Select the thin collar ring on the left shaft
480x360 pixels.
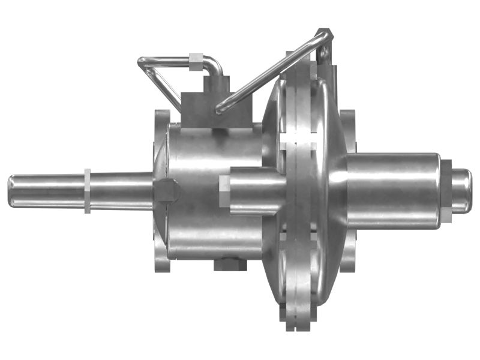coord(88,191)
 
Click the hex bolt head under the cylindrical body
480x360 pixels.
coord(230,265)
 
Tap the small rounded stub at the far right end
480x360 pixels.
coord(461,191)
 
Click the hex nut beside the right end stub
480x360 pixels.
coord(447,191)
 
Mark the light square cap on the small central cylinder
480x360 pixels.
coord(224,191)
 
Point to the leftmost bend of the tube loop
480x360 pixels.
coord(143,62)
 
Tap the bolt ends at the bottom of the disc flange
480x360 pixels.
coord(298,321)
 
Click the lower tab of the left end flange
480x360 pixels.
coord(161,264)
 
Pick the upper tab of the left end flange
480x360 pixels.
coord(161,117)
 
